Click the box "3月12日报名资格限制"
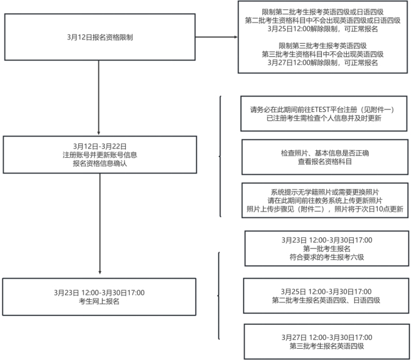[x=100, y=38]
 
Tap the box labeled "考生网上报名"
[x=100, y=297]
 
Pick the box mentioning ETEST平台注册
[x=324, y=113]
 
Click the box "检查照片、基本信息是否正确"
[x=324, y=157]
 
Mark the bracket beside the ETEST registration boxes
[x=219, y=157]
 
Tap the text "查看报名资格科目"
[x=324, y=161]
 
